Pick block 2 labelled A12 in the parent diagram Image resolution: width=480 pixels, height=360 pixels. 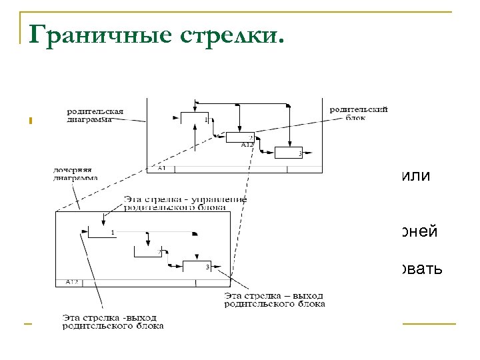point(240,139)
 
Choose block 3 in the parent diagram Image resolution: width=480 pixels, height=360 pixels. point(288,152)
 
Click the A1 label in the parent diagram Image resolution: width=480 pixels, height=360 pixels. point(162,169)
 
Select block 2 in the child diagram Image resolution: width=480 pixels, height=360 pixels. point(149,251)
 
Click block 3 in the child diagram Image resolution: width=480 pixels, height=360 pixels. point(197,267)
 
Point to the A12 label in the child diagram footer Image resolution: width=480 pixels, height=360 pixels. point(72,283)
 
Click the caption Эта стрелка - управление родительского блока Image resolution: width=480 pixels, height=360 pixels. point(185,202)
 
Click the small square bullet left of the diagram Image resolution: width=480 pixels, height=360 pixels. point(30,121)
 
